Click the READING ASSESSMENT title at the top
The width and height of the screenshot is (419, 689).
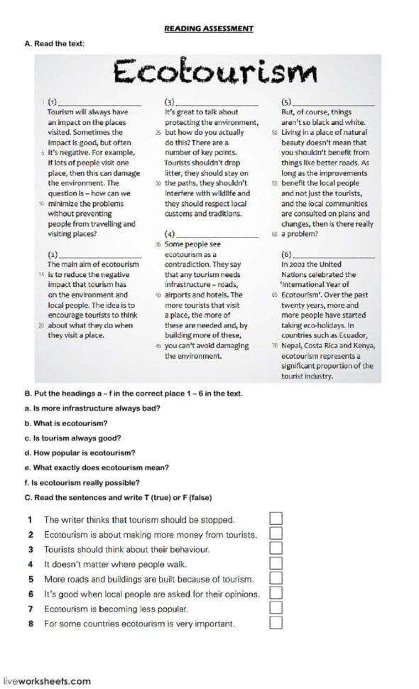[208, 28]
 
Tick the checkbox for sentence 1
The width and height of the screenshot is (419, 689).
[276, 519]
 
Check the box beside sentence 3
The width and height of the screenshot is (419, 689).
[276, 548]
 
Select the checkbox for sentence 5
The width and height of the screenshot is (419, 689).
[276, 579]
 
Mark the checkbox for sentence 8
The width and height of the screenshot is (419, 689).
[276, 623]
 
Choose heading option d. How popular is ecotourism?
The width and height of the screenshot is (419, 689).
[80, 452]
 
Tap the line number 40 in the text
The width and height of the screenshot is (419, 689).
[158, 295]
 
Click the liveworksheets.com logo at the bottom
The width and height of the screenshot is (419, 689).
[47, 680]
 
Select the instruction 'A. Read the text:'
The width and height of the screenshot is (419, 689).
[54, 43]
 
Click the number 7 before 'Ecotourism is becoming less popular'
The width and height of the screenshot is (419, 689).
[31, 609]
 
